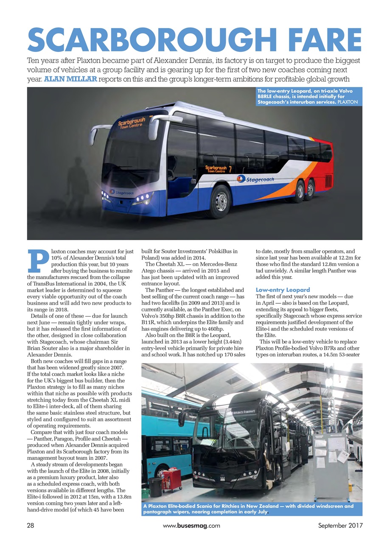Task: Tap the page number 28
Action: (x=30, y=526)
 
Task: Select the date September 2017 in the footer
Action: (x=340, y=526)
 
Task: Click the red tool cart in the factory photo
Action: (x=172, y=480)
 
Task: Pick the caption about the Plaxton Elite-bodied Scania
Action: (x=250, y=509)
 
